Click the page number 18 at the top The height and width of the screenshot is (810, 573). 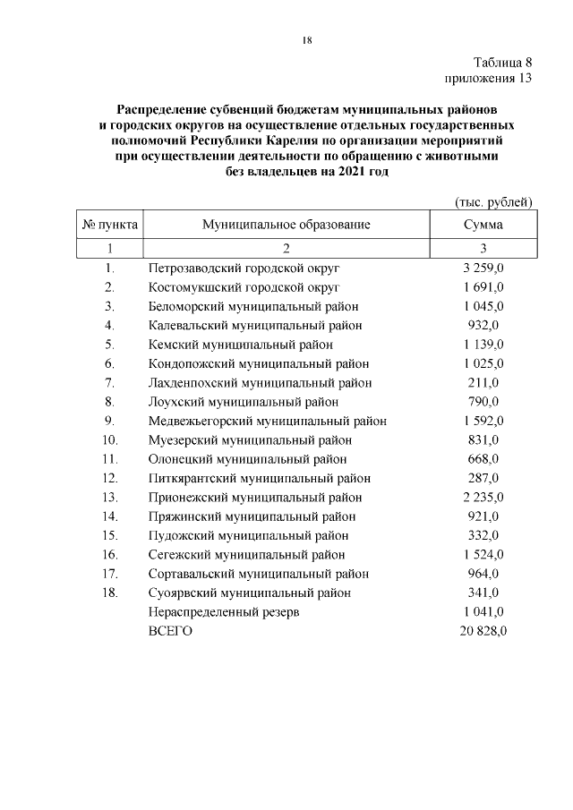[x=306, y=40]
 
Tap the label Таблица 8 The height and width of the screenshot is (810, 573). [x=503, y=63]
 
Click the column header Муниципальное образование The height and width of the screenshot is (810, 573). [x=286, y=225]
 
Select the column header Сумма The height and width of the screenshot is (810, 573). [x=483, y=225]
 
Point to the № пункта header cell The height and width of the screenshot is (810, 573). [x=109, y=225]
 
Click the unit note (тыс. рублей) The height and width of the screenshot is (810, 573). [x=494, y=203]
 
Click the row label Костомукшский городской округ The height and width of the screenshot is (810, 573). [x=244, y=286]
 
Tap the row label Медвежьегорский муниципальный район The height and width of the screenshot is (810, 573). [x=268, y=421]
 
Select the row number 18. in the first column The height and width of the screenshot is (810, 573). [x=110, y=593]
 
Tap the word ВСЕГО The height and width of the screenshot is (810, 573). [x=170, y=631]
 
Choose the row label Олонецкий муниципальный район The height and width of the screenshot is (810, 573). [x=247, y=459]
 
